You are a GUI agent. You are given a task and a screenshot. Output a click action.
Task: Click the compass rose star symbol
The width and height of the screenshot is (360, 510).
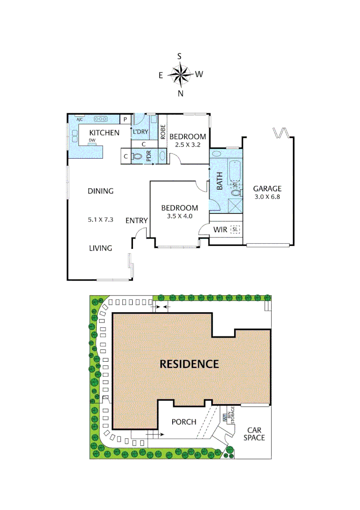point(180,74)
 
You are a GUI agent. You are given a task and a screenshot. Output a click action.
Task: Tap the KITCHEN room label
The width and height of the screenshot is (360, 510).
point(104,133)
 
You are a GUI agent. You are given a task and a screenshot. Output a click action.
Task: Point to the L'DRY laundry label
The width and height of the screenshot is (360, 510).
point(140,131)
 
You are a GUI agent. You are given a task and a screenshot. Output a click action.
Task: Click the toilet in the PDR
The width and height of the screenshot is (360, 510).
point(138,156)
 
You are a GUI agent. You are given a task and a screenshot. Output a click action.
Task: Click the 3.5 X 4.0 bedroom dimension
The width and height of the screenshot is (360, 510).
point(180,216)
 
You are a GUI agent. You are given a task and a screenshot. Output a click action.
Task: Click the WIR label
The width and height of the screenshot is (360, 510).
point(220,230)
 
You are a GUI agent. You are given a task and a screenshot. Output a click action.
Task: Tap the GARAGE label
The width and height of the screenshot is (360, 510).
point(267,188)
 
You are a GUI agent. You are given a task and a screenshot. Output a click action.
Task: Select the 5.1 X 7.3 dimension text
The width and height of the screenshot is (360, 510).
point(100,220)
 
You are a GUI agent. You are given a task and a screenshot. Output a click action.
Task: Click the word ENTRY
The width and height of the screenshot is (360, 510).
point(137,221)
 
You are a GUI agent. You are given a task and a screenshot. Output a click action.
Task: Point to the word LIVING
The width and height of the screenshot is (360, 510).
point(100,248)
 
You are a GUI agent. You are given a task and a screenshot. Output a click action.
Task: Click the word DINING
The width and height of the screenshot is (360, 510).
point(100,191)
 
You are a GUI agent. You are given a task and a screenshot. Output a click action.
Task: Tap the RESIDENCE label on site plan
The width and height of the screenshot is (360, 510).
point(189,364)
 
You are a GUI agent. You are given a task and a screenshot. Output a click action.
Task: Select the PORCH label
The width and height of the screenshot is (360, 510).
point(184,422)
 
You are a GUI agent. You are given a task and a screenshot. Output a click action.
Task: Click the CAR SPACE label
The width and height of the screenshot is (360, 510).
point(254,434)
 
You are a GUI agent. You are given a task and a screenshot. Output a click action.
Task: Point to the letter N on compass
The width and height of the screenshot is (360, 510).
point(180,93)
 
